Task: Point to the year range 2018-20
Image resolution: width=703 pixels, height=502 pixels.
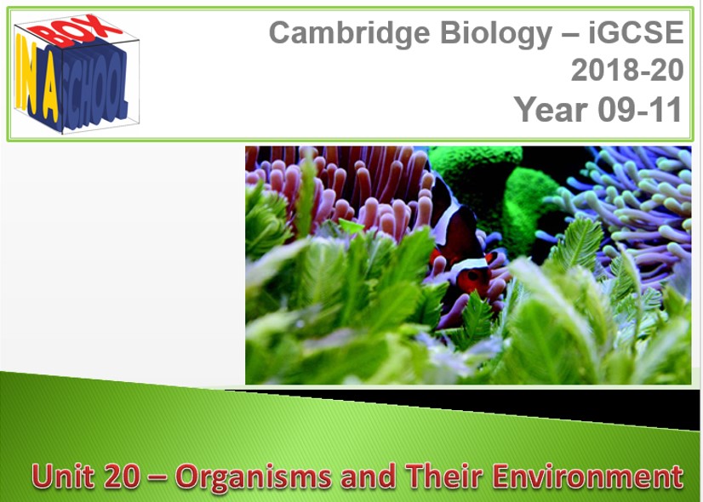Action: click(x=627, y=70)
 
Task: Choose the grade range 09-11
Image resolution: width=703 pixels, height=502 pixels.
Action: click(x=640, y=110)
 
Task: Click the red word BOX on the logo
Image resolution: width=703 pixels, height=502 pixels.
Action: click(x=74, y=30)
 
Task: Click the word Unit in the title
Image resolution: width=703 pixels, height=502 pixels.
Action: click(x=63, y=476)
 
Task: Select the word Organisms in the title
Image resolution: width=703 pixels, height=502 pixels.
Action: click(x=254, y=478)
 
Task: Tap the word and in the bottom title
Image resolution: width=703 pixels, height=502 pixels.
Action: click(x=368, y=476)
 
